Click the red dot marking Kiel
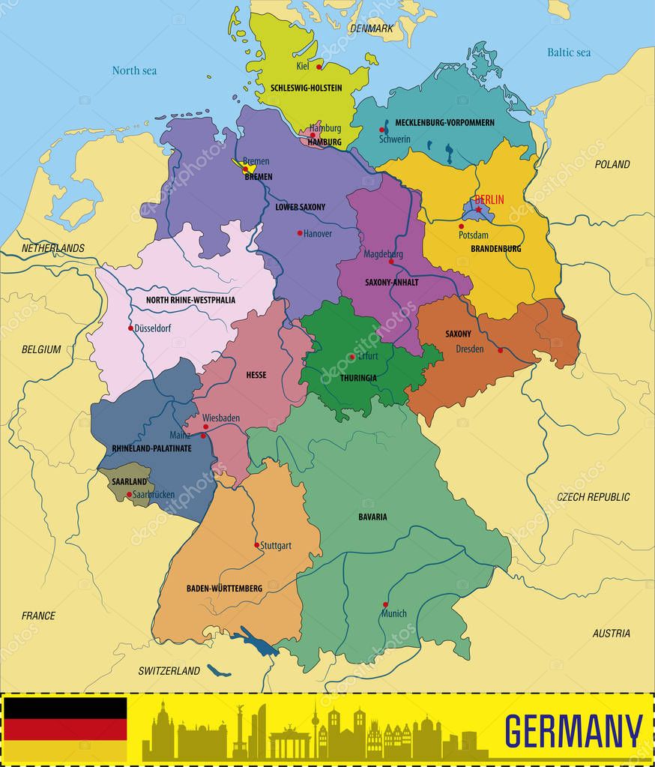[x=319, y=67]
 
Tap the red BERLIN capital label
[x=489, y=199]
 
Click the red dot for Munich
[x=386, y=604]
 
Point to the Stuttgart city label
[x=276, y=546]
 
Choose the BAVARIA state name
[x=372, y=517]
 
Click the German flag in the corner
[x=65, y=730]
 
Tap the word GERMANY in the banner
[x=573, y=731]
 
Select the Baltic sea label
[x=569, y=52]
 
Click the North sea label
[x=134, y=70]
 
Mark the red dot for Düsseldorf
[x=130, y=328]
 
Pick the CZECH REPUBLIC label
[x=593, y=496]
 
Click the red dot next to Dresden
[x=501, y=350]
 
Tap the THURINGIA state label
[x=358, y=378]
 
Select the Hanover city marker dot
[x=300, y=233]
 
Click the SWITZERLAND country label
[x=169, y=670]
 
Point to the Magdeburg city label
[x=383, y=254]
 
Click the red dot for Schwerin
[x=381, y=130]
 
